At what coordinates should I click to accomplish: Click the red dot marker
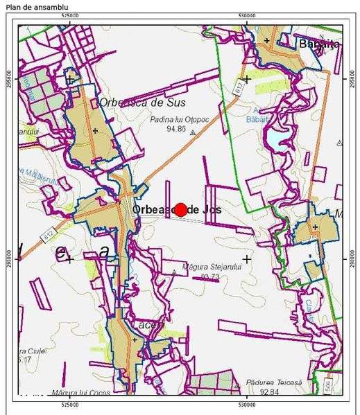(x=180, y=209)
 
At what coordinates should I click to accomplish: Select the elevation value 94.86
(x=176, y=128)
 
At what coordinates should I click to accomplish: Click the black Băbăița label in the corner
(x=318, y=44)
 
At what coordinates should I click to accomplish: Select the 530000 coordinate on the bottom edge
(x=247, y=402)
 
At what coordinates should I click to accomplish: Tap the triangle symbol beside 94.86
(x=194, y=130)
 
